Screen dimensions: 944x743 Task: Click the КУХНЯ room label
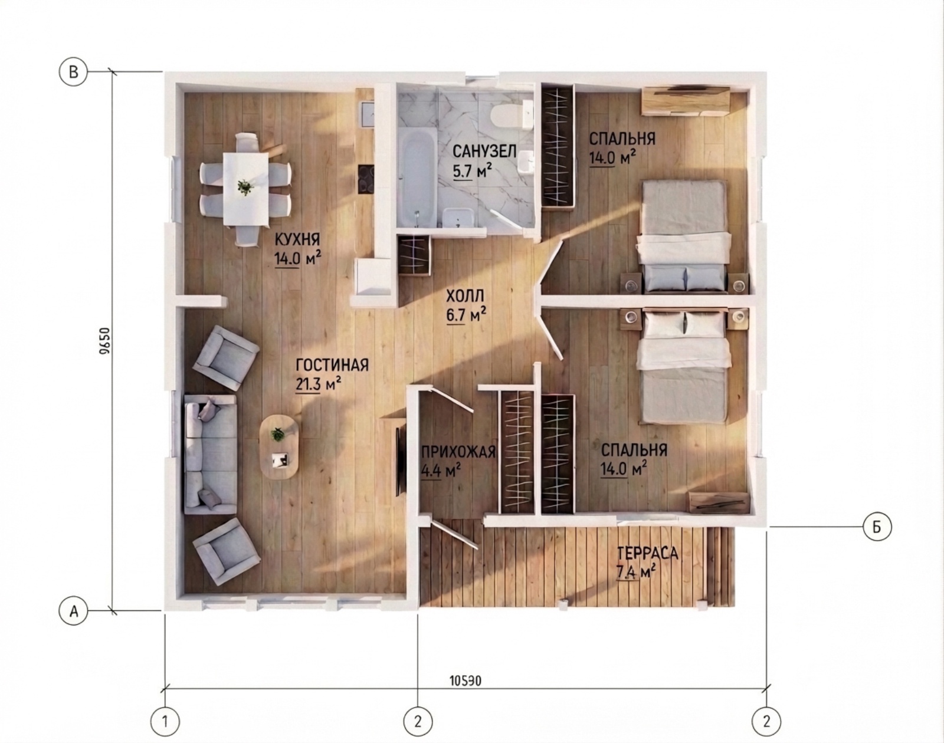pyautogui.click(x=297, y=239)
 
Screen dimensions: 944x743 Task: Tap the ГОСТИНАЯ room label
pyautogui.click(x=332, y=365)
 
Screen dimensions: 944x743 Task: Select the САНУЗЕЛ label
pyautogui.click(x=484, y=152)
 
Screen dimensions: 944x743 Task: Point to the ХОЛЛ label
pyautogui.click(x=465, y=296)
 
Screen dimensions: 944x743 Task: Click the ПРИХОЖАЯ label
pyautogui.click(x=458, y=451)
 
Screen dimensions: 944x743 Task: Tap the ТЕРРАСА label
pyautogui.click(x=647, y=554)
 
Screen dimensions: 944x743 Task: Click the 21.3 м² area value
pyautogui.click(x=319, y=384)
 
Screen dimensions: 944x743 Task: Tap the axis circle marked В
pyautogui.click(x=74, y=72)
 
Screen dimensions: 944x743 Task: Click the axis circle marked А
pyautogui.click(x=74, y=610)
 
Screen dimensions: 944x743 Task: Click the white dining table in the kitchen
pyautogui.click(x=246, y=189)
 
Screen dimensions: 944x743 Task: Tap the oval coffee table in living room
pyautogui.click(x=280, y=447)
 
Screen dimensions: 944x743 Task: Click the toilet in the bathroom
pyautogui.click(x=511, y=116)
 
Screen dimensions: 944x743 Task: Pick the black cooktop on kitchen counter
pyautogui.click(x=366, y=179)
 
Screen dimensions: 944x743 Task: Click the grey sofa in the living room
pyautogui.click(x=211, y=453)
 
